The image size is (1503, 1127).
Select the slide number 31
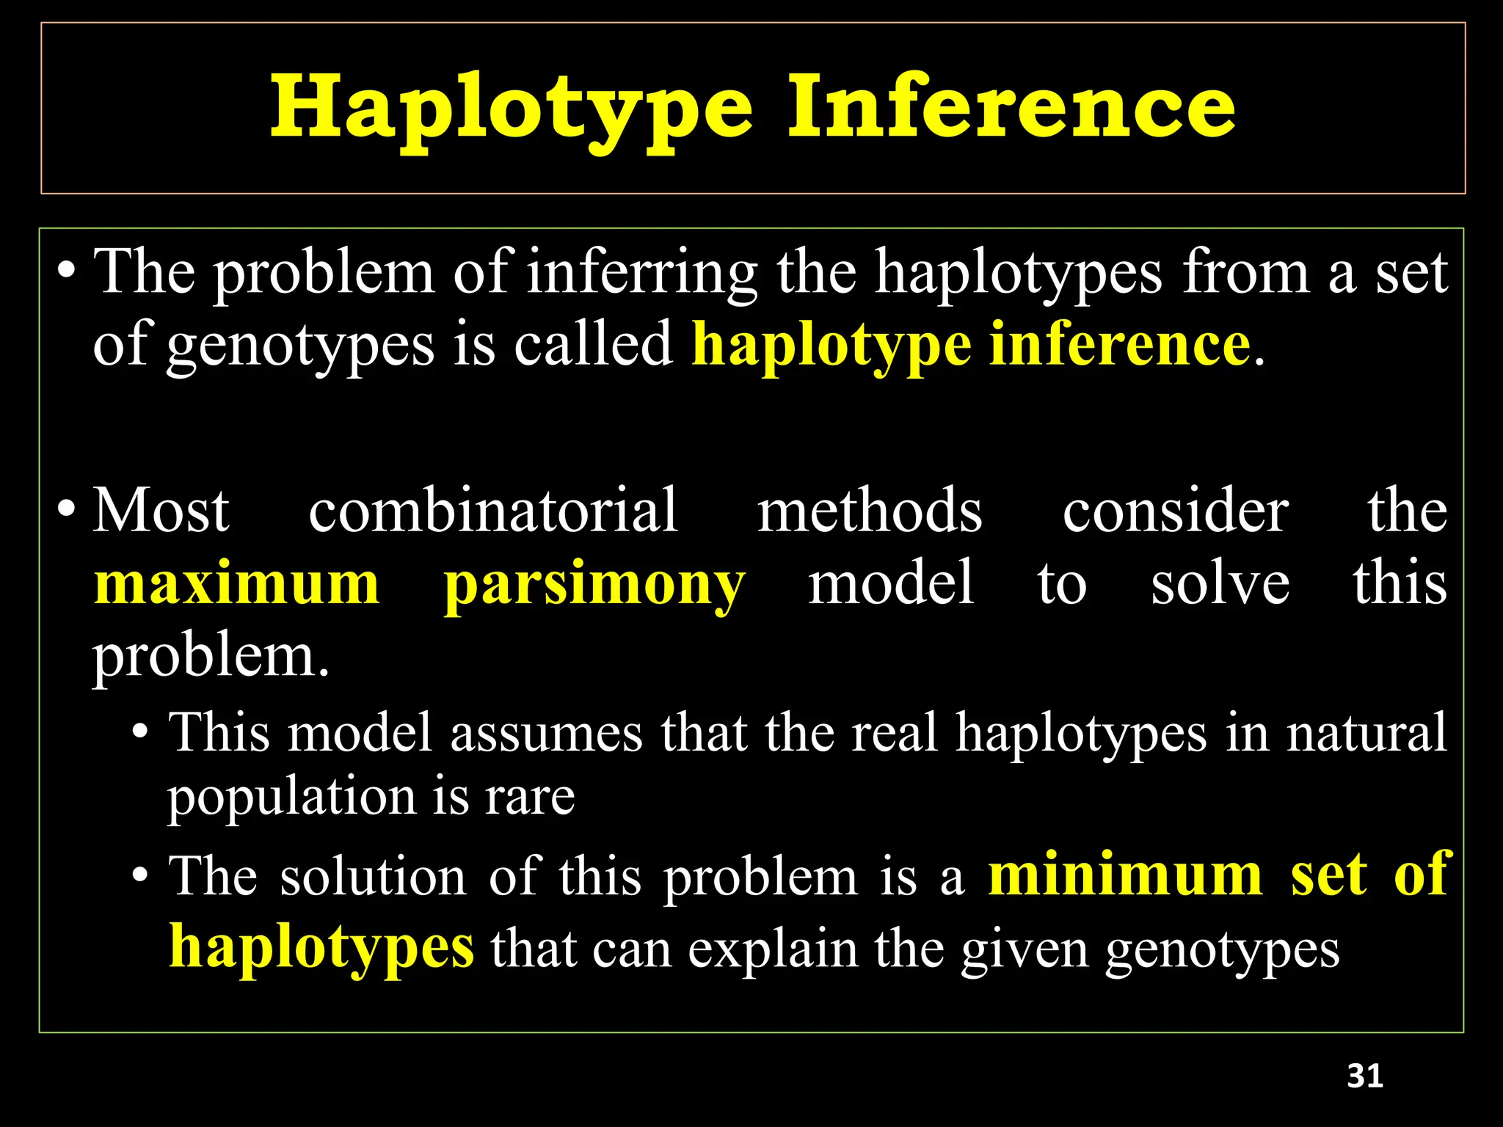pos(1365,1076)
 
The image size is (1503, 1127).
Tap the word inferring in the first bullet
pos(642,273)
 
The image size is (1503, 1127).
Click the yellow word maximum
pos(237,584)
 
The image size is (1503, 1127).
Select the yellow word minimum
pos(1125,875)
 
